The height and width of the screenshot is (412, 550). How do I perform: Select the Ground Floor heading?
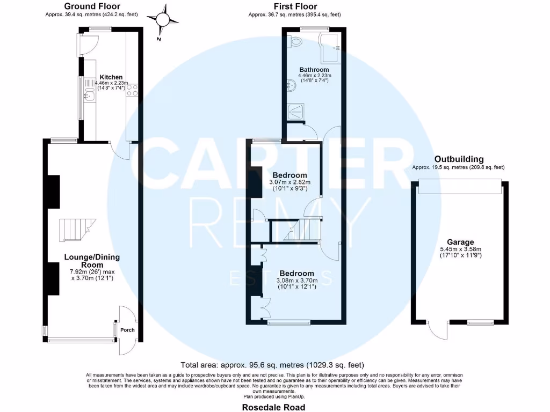pos(91,6)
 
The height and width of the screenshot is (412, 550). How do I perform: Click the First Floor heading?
pos(294,6)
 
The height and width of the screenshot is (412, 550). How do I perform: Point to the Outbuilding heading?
pos(459,159)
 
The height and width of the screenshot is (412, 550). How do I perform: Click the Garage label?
pos(458,242)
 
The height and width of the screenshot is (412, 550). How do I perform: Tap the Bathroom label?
pos(314,70)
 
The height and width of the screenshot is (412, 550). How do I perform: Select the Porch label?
pos(127,330)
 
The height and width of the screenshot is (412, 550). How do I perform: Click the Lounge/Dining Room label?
pos(92,261)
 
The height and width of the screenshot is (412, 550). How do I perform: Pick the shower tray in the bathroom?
pos(296,112)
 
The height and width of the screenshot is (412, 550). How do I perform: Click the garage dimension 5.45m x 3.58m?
pos(458,249)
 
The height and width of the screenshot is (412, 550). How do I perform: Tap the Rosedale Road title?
pos(274,407)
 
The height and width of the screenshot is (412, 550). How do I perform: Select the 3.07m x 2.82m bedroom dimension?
pos(290,182)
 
